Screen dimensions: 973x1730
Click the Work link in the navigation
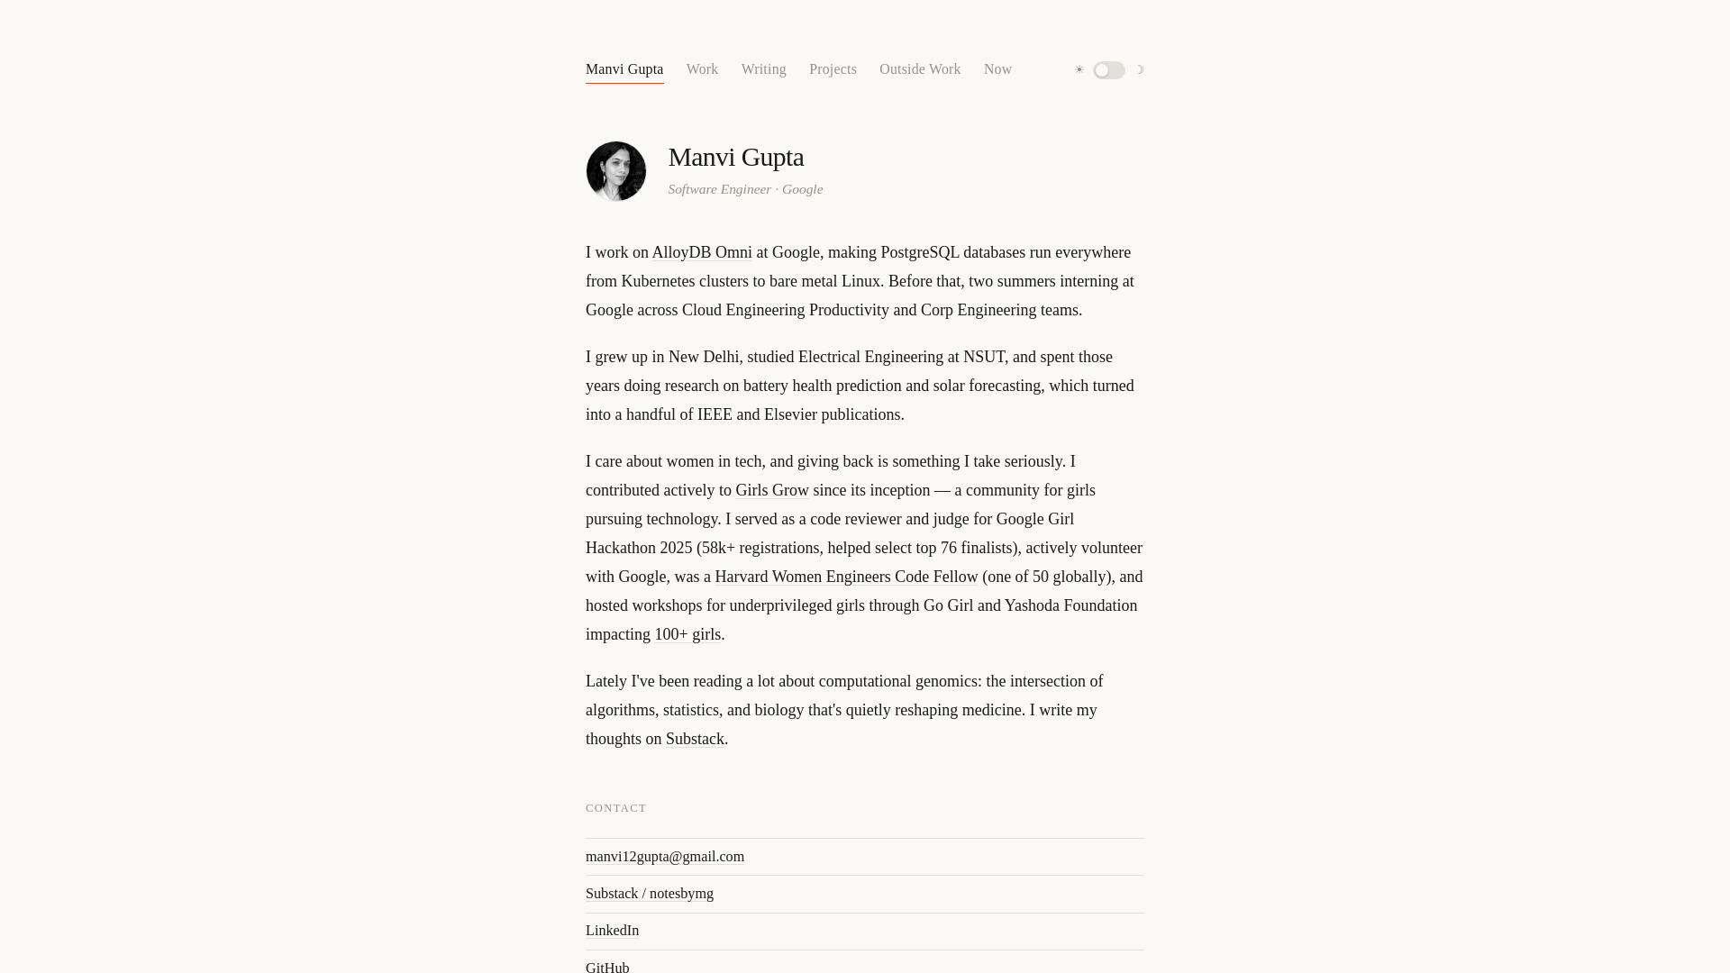click(x=702, y=69)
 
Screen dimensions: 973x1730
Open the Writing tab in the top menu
click(x=763, y=69)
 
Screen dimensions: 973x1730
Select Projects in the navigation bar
click(x=833, y=69)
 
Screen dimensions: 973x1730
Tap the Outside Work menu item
click(x=920, y=69)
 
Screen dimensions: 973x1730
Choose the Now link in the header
click(x=997, y=69)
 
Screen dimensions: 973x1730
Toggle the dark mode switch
click(x=1109, y=70)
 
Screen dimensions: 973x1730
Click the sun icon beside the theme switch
click(x=1079, y=70)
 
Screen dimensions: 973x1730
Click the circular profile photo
click(x=616, y=171)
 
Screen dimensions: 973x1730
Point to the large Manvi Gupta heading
click(x=735, y=157)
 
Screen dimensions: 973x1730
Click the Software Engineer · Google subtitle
click(x=745, y=189)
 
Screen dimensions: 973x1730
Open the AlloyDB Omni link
click(x=702, y=253)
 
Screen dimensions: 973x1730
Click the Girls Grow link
click(x=772, y=491)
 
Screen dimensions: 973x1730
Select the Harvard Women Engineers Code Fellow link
click(x=846, y=577)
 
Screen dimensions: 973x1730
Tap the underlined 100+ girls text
click(x=687, y=635)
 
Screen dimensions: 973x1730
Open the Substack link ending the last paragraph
click(x=695, y=740)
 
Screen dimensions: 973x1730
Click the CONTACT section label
click(x=616, y=808)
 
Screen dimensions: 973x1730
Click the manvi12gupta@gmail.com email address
click(x=665, y=857)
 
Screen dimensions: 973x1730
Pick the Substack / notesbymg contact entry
click(x=650, y=894)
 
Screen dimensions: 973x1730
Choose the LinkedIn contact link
click(x=612, y=931)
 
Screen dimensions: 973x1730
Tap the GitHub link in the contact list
click(x=607, y=967)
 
